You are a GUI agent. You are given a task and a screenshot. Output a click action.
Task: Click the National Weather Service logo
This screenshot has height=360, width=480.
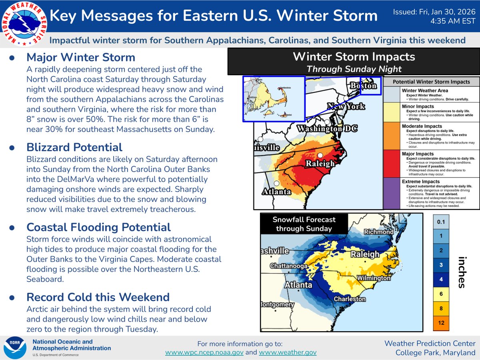(23, 23)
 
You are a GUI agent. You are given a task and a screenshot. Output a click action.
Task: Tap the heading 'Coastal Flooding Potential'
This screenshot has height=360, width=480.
(98, 227)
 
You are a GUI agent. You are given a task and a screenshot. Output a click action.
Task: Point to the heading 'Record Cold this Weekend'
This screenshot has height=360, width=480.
(98, 297)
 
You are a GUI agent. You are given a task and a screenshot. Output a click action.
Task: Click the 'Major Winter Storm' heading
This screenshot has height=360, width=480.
(81, 57)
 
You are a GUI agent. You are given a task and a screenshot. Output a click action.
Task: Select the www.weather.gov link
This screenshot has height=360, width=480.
(288, 352)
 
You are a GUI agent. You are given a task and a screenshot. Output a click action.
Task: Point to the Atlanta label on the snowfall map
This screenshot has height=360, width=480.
(298, 285)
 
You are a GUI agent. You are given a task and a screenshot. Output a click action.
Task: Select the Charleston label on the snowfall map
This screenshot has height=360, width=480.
(350, 299)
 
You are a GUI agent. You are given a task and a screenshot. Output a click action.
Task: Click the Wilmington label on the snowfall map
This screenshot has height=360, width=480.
(374, 278)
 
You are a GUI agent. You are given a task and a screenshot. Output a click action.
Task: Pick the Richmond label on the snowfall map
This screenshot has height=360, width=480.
(378, 232)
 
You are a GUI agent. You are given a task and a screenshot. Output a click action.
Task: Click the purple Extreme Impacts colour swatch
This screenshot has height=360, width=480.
(392, 193)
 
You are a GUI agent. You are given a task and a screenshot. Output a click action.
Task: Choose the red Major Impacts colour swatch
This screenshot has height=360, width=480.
(392, 164)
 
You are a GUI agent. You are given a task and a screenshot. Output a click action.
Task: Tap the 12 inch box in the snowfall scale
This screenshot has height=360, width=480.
(441, 322)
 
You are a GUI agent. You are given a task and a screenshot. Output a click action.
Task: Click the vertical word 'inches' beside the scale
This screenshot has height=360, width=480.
(462, 272)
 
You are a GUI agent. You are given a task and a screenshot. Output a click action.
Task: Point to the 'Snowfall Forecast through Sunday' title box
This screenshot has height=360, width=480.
(304, 224)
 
